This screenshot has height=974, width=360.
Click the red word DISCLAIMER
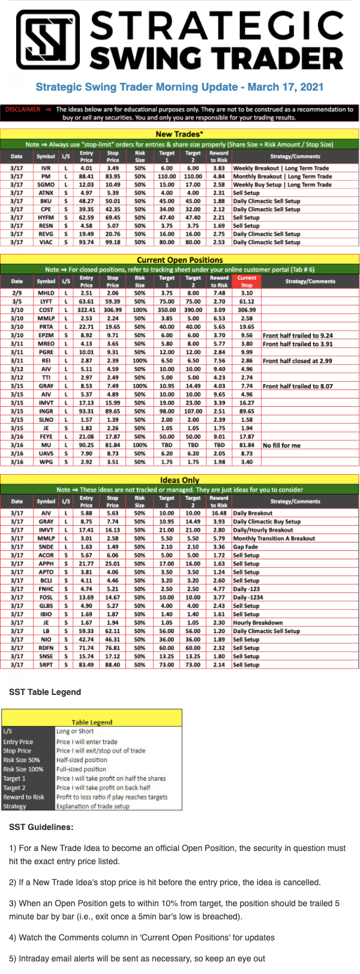23,109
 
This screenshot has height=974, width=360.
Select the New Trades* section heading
179,134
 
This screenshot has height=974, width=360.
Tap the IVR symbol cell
46,169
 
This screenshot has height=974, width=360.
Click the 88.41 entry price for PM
86,177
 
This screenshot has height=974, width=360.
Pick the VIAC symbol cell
46,242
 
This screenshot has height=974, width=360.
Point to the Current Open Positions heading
179,260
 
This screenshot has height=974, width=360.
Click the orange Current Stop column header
247,281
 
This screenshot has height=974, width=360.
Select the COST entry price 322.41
86,310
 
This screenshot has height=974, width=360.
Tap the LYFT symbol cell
46,302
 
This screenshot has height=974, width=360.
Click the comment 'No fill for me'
281,445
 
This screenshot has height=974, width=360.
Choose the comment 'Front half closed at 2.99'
297,361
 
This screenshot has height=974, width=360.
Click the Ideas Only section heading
179,480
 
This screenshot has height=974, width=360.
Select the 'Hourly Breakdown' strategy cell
257,622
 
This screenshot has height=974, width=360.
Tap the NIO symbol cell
46,639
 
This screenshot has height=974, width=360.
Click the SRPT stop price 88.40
113,664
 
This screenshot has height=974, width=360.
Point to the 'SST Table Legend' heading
45,692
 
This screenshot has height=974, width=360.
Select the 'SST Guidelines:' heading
41,827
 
